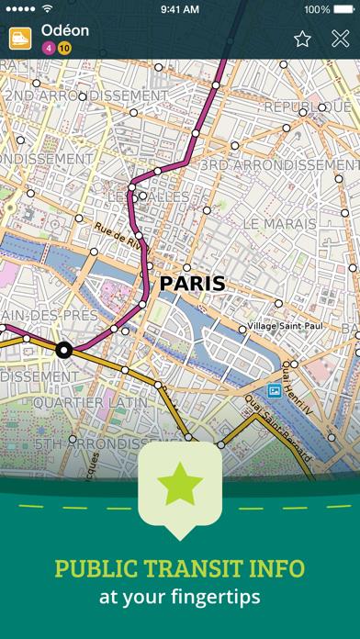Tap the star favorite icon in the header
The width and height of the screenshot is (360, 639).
tap(302, 39)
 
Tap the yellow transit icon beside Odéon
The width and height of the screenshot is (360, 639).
tap(18, 38)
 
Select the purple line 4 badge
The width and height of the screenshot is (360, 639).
tap(49, 47)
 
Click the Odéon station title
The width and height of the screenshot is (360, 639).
tap(65, 30)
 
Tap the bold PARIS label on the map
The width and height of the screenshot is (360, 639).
tap(191, 283)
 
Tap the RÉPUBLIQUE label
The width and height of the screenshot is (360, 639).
tap(308, 108)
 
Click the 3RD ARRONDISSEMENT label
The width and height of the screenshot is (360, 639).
tap(279, 164)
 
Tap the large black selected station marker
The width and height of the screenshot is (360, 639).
tap(63, 349)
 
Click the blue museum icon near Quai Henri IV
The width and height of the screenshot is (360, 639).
tap(273, 391)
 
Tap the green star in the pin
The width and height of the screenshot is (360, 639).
tap(180, 484)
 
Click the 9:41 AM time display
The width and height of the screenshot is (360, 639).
tap(180, 9)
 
